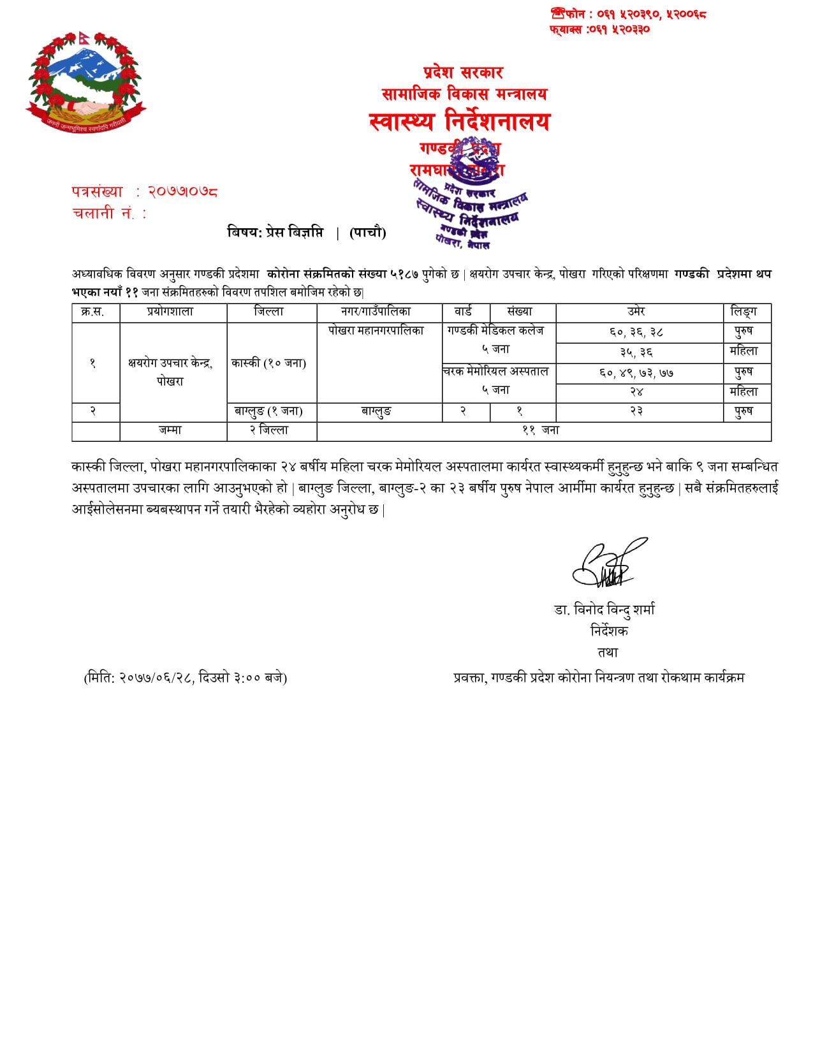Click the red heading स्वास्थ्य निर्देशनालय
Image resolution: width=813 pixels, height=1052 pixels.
click(459, 121)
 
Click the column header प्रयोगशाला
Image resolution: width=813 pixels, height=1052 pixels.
click(170, 312)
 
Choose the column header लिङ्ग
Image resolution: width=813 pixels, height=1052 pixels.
click(743, 312)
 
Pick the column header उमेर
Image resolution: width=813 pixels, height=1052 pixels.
click(636, 312)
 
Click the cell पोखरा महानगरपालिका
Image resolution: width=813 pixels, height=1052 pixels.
click(376, 331)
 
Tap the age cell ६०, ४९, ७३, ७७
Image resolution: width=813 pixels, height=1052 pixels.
click(636, 373)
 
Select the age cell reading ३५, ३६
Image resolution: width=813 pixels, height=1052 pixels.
click(636, 353)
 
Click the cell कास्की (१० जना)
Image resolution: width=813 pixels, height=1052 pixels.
click(268, 363)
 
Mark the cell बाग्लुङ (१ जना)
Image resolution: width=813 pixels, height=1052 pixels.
click(268, 411)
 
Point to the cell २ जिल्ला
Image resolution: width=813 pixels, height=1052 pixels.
click(268, 430)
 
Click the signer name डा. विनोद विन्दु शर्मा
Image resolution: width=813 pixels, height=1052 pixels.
click(604, 610)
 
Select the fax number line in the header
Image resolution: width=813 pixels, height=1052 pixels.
click(599, 29)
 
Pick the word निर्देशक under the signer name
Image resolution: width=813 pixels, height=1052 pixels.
click(609, 631)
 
